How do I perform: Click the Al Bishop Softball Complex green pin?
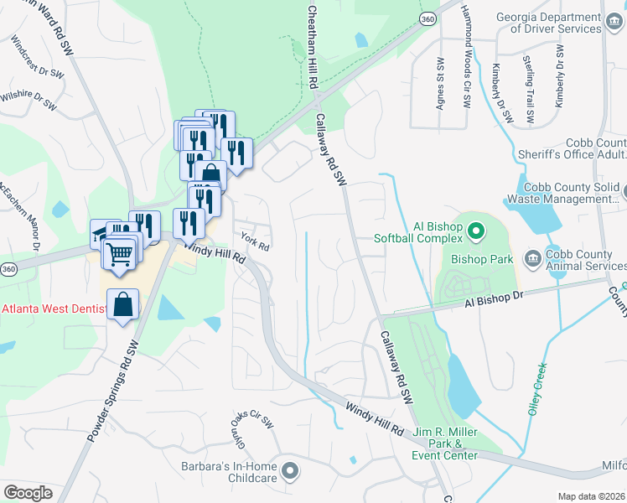(475, 229)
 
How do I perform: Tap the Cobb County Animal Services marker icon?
(531, 256)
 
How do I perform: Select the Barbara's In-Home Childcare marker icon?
(290, 470)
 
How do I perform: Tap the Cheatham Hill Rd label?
(312, 46)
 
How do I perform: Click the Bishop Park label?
(481, 259)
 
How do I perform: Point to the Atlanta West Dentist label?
(53, 309)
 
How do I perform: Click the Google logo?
(28, 493)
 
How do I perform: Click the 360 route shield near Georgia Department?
(428, 18)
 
